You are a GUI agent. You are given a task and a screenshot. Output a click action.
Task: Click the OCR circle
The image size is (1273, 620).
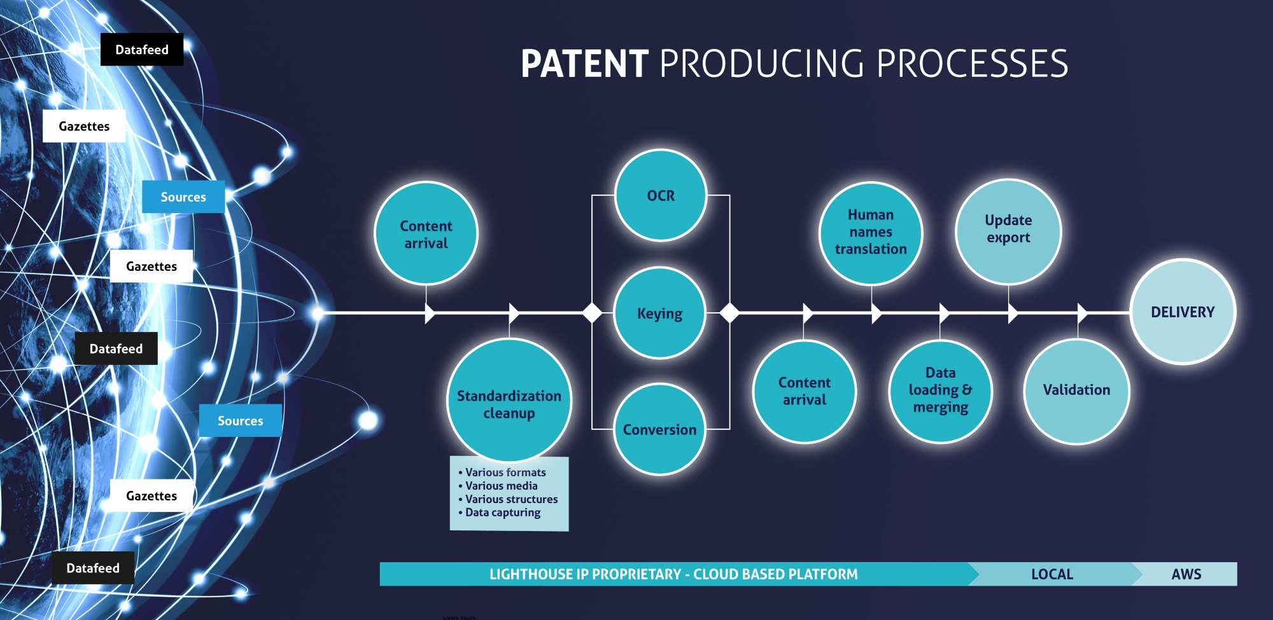pos(661,196)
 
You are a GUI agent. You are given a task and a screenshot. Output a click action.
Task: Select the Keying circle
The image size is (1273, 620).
pos(659,313)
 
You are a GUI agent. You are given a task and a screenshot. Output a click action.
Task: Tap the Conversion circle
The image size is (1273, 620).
pos(659,429)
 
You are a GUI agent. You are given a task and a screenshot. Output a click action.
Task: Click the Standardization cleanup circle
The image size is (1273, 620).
pos(509,401)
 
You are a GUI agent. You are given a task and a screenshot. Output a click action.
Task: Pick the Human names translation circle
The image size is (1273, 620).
pos(870,233)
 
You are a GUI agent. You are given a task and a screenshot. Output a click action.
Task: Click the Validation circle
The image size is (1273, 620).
pos(1076,390)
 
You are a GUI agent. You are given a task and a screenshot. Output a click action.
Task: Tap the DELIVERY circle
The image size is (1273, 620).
pos(1183,312)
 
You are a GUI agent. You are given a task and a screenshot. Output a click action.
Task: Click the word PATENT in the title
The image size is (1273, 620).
pos(584,64)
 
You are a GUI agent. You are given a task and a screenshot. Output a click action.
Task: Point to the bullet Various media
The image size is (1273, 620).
pos(501,486)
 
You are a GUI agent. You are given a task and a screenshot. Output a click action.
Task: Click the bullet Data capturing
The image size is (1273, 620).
pos(502,513)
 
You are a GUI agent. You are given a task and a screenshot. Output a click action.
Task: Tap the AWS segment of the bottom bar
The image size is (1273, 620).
pos(1186,574)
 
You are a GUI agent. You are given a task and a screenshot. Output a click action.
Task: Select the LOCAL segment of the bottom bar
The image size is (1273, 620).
pos(1051,574)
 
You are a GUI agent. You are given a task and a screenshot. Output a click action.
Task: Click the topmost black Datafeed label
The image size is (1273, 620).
pos(142,50)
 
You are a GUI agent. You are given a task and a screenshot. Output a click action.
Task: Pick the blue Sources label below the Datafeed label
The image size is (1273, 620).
pos(240,420)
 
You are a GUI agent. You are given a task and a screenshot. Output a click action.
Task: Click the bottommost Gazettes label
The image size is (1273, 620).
pos(151,496)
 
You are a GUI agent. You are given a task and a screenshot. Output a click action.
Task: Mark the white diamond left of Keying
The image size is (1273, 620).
pos(593,313)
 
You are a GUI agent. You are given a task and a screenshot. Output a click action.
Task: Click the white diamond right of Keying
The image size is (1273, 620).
pos(729,313)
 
